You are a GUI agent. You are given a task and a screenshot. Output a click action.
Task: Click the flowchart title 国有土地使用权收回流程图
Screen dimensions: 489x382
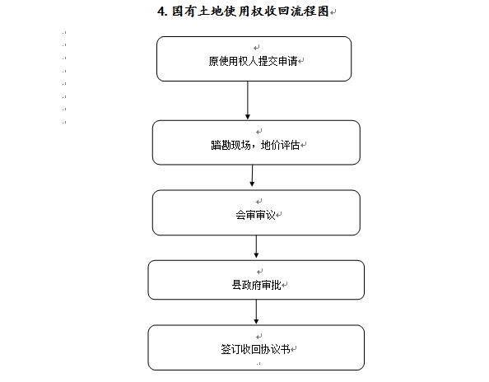[250, 12]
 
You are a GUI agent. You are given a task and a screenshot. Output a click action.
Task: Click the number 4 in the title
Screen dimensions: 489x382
[161, 12]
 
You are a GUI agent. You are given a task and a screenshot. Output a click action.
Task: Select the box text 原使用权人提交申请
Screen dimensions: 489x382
[253, 61]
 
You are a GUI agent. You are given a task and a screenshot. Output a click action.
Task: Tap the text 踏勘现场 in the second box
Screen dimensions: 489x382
[231, 145]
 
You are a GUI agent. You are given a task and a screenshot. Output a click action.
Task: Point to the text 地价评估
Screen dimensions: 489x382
[280, 145]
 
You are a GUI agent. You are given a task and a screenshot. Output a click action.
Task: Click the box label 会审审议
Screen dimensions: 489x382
[255, 215]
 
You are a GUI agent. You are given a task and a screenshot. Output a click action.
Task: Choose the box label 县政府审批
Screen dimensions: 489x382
[256, 285]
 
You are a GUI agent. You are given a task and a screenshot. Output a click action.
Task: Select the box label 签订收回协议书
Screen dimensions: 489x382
[256, 349]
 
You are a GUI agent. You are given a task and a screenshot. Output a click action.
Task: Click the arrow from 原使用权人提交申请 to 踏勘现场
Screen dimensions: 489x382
[248, 100]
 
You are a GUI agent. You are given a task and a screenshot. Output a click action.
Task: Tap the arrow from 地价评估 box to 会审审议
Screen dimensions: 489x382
[252, 175]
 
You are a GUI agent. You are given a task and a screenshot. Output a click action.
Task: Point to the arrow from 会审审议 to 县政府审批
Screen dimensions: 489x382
[256, 246]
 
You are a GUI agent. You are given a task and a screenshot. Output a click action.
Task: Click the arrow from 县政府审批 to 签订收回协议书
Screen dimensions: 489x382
[256, 311]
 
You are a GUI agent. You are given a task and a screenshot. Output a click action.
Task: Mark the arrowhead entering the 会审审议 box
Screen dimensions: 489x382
[252, 184]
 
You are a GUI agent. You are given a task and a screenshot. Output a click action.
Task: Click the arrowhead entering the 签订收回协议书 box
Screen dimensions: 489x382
[256, 322]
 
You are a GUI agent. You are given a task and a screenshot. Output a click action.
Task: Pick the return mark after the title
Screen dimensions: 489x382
[333, 12]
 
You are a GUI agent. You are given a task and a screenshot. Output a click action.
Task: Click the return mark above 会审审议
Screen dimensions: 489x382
[258, 202]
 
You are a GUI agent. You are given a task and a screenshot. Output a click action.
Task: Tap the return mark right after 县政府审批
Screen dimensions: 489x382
[284, 285]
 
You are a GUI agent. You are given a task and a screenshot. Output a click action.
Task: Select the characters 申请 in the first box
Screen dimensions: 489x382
[287, 61]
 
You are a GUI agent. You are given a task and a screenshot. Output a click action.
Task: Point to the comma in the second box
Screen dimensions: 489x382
[255, 148]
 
